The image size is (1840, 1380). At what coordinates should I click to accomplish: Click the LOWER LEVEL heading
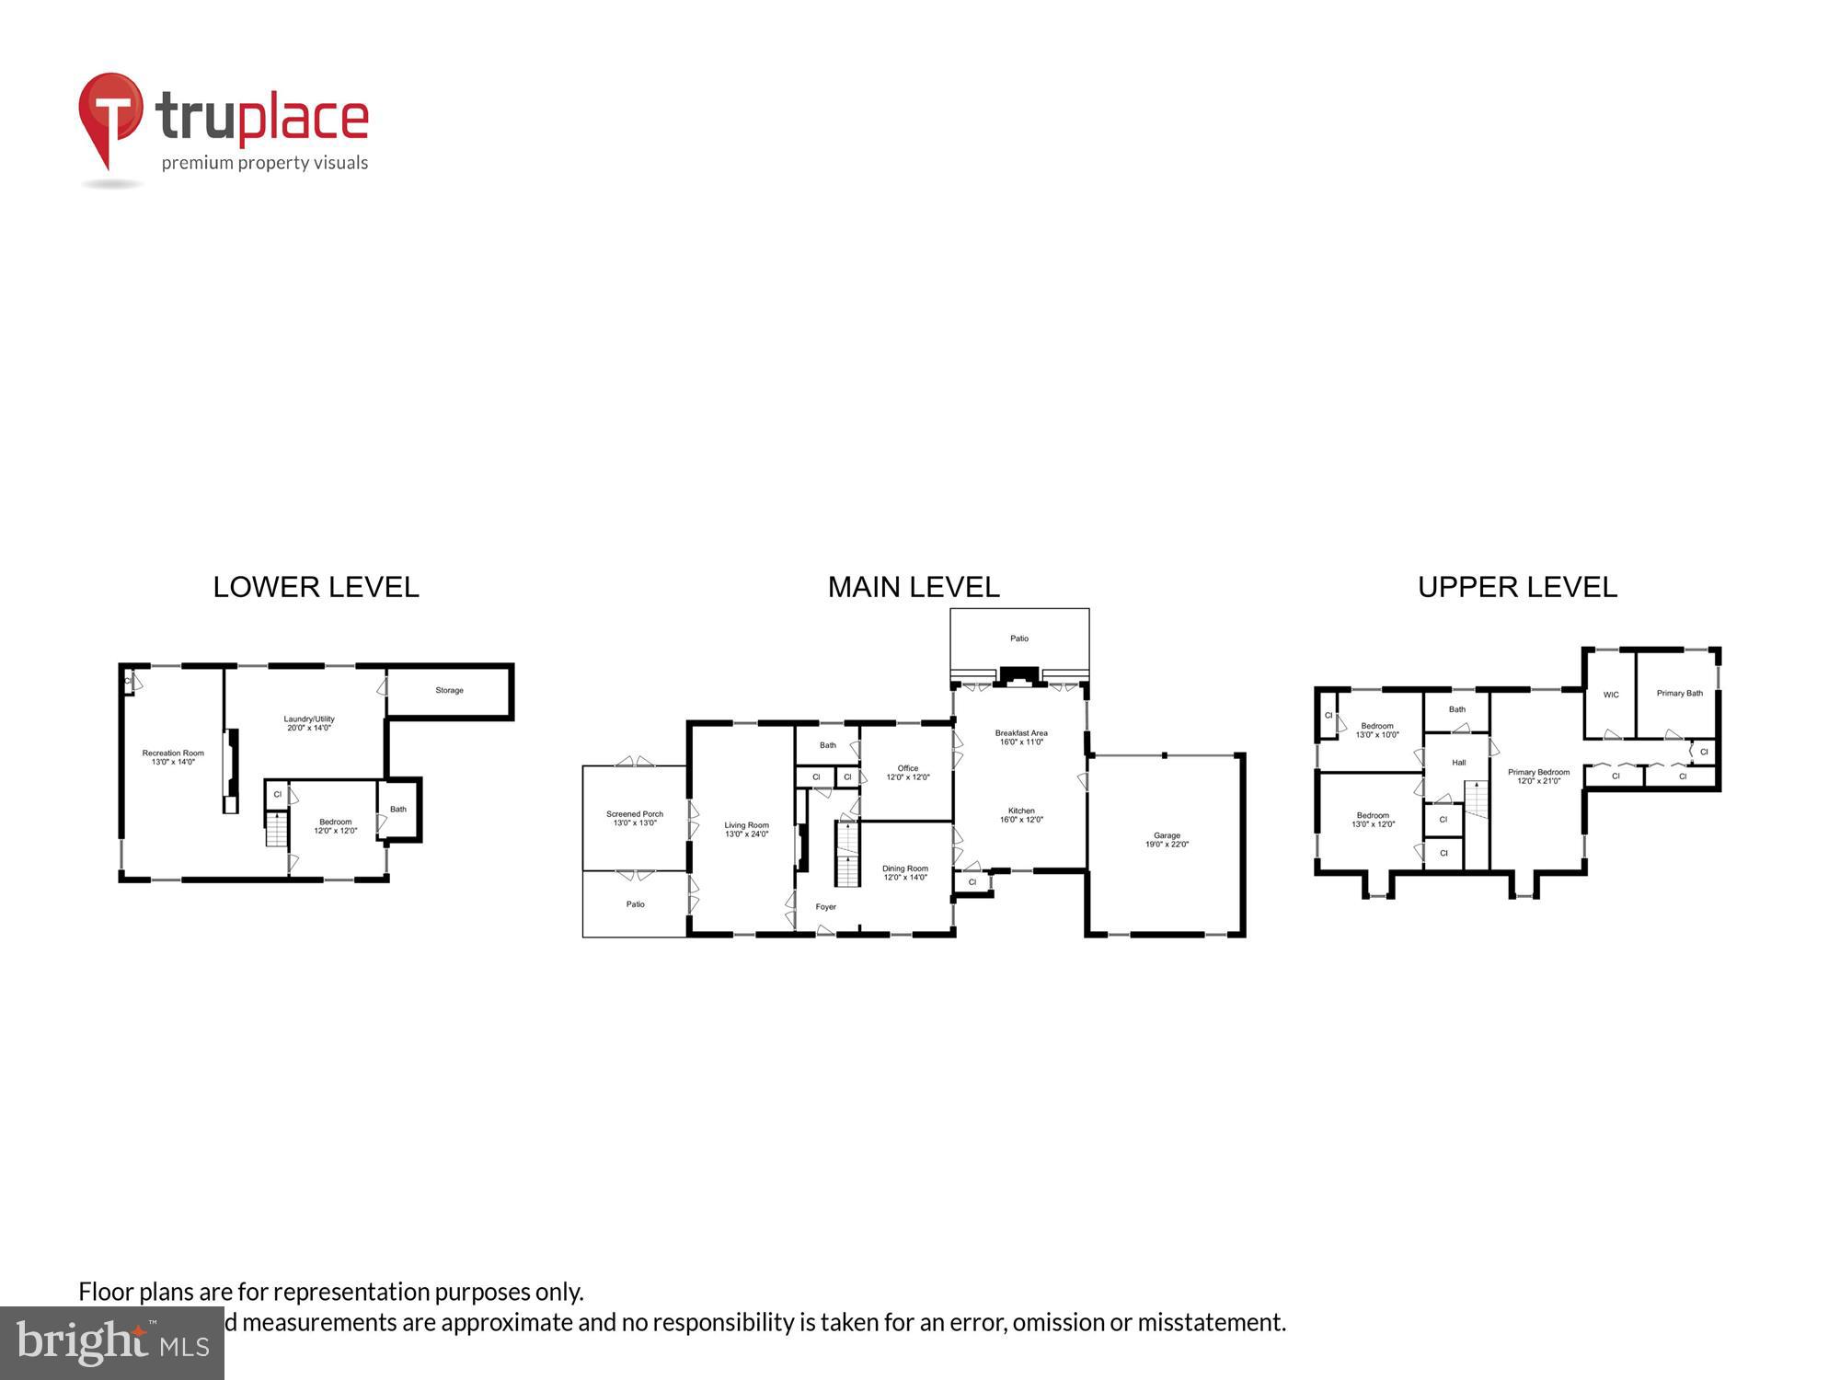(316, 587)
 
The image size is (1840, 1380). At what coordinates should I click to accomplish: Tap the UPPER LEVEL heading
(1517, 587)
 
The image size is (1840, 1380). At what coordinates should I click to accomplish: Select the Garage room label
(1167, 840)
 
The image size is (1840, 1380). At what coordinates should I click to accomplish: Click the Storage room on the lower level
(449, 690)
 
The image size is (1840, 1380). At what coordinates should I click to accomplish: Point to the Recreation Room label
(173, 757)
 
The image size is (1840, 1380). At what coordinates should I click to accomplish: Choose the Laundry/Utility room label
(309, 723)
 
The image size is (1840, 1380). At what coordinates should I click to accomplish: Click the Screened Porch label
(635, 818)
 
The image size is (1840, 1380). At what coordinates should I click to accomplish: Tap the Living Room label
(746, 830)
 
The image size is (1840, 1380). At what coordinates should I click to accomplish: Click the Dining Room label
(905, 872)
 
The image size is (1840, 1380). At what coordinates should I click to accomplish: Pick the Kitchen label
(1021, 815)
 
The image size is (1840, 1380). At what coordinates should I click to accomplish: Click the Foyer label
(826, 907)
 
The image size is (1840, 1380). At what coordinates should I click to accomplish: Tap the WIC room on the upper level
(1611, 695)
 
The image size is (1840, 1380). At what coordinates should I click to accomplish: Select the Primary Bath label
(1680, 693)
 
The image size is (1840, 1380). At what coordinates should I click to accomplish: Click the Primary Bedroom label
(1538, 776)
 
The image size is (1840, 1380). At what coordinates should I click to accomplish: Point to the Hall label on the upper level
(1459, 763)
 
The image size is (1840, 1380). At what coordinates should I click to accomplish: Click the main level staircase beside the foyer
(847, 856)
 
